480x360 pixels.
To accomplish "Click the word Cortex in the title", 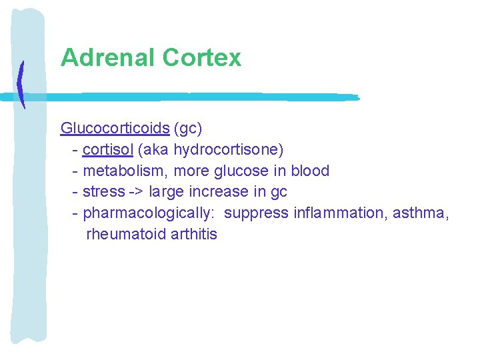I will click(x=201, y=58).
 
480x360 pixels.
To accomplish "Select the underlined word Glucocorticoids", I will click(x=115, y=128).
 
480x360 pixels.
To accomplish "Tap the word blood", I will click(x=310, y=171).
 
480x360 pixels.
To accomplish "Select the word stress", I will click(x=103, y=192).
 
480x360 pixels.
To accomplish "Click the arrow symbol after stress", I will click(x=136, y=192).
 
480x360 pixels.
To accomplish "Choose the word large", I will click(x=167, y=192).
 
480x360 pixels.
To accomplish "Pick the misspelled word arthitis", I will click(x=194, y=235).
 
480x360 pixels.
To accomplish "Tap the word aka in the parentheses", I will click(x=155, y=149).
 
